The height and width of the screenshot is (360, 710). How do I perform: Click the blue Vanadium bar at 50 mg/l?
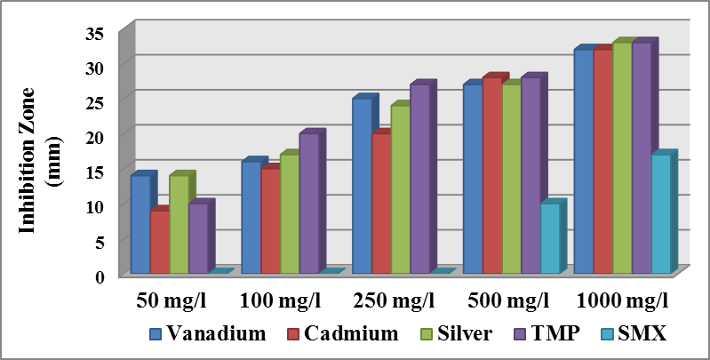(140, 224)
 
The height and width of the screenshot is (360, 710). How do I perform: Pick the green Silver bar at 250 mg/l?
(400, 188)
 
